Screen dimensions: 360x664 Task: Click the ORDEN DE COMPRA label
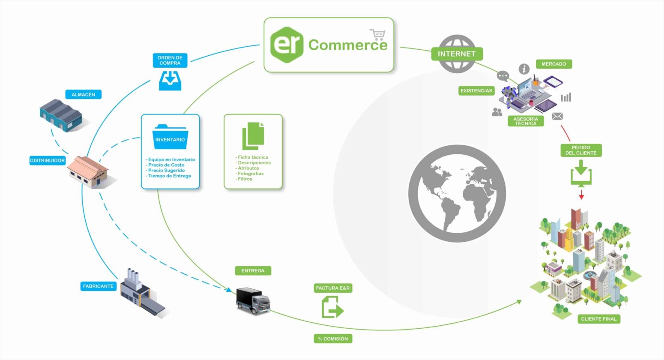point(170,60)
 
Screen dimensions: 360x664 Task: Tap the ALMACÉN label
point(84,94)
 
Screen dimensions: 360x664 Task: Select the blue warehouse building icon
point(61,114)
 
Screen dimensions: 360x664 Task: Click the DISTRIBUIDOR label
point(47,160)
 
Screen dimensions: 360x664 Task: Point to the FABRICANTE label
point(98,286)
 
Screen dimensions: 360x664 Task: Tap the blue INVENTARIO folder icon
point(170,137)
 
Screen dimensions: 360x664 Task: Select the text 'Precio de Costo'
point(166,165)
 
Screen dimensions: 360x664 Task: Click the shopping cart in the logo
point(377,35)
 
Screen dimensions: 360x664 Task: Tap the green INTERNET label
point(457,54)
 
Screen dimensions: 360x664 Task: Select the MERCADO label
point(553,64)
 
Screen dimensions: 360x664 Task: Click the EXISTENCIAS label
point(476,91)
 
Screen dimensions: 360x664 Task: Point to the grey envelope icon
point(557,116)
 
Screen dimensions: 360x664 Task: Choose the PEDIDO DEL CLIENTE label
point(580,150)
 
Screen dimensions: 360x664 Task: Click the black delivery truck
point(253,300)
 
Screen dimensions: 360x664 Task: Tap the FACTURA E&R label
point(333,288)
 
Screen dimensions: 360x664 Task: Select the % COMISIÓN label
point(333,339)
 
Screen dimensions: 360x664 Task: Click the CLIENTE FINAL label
point(598,319)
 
